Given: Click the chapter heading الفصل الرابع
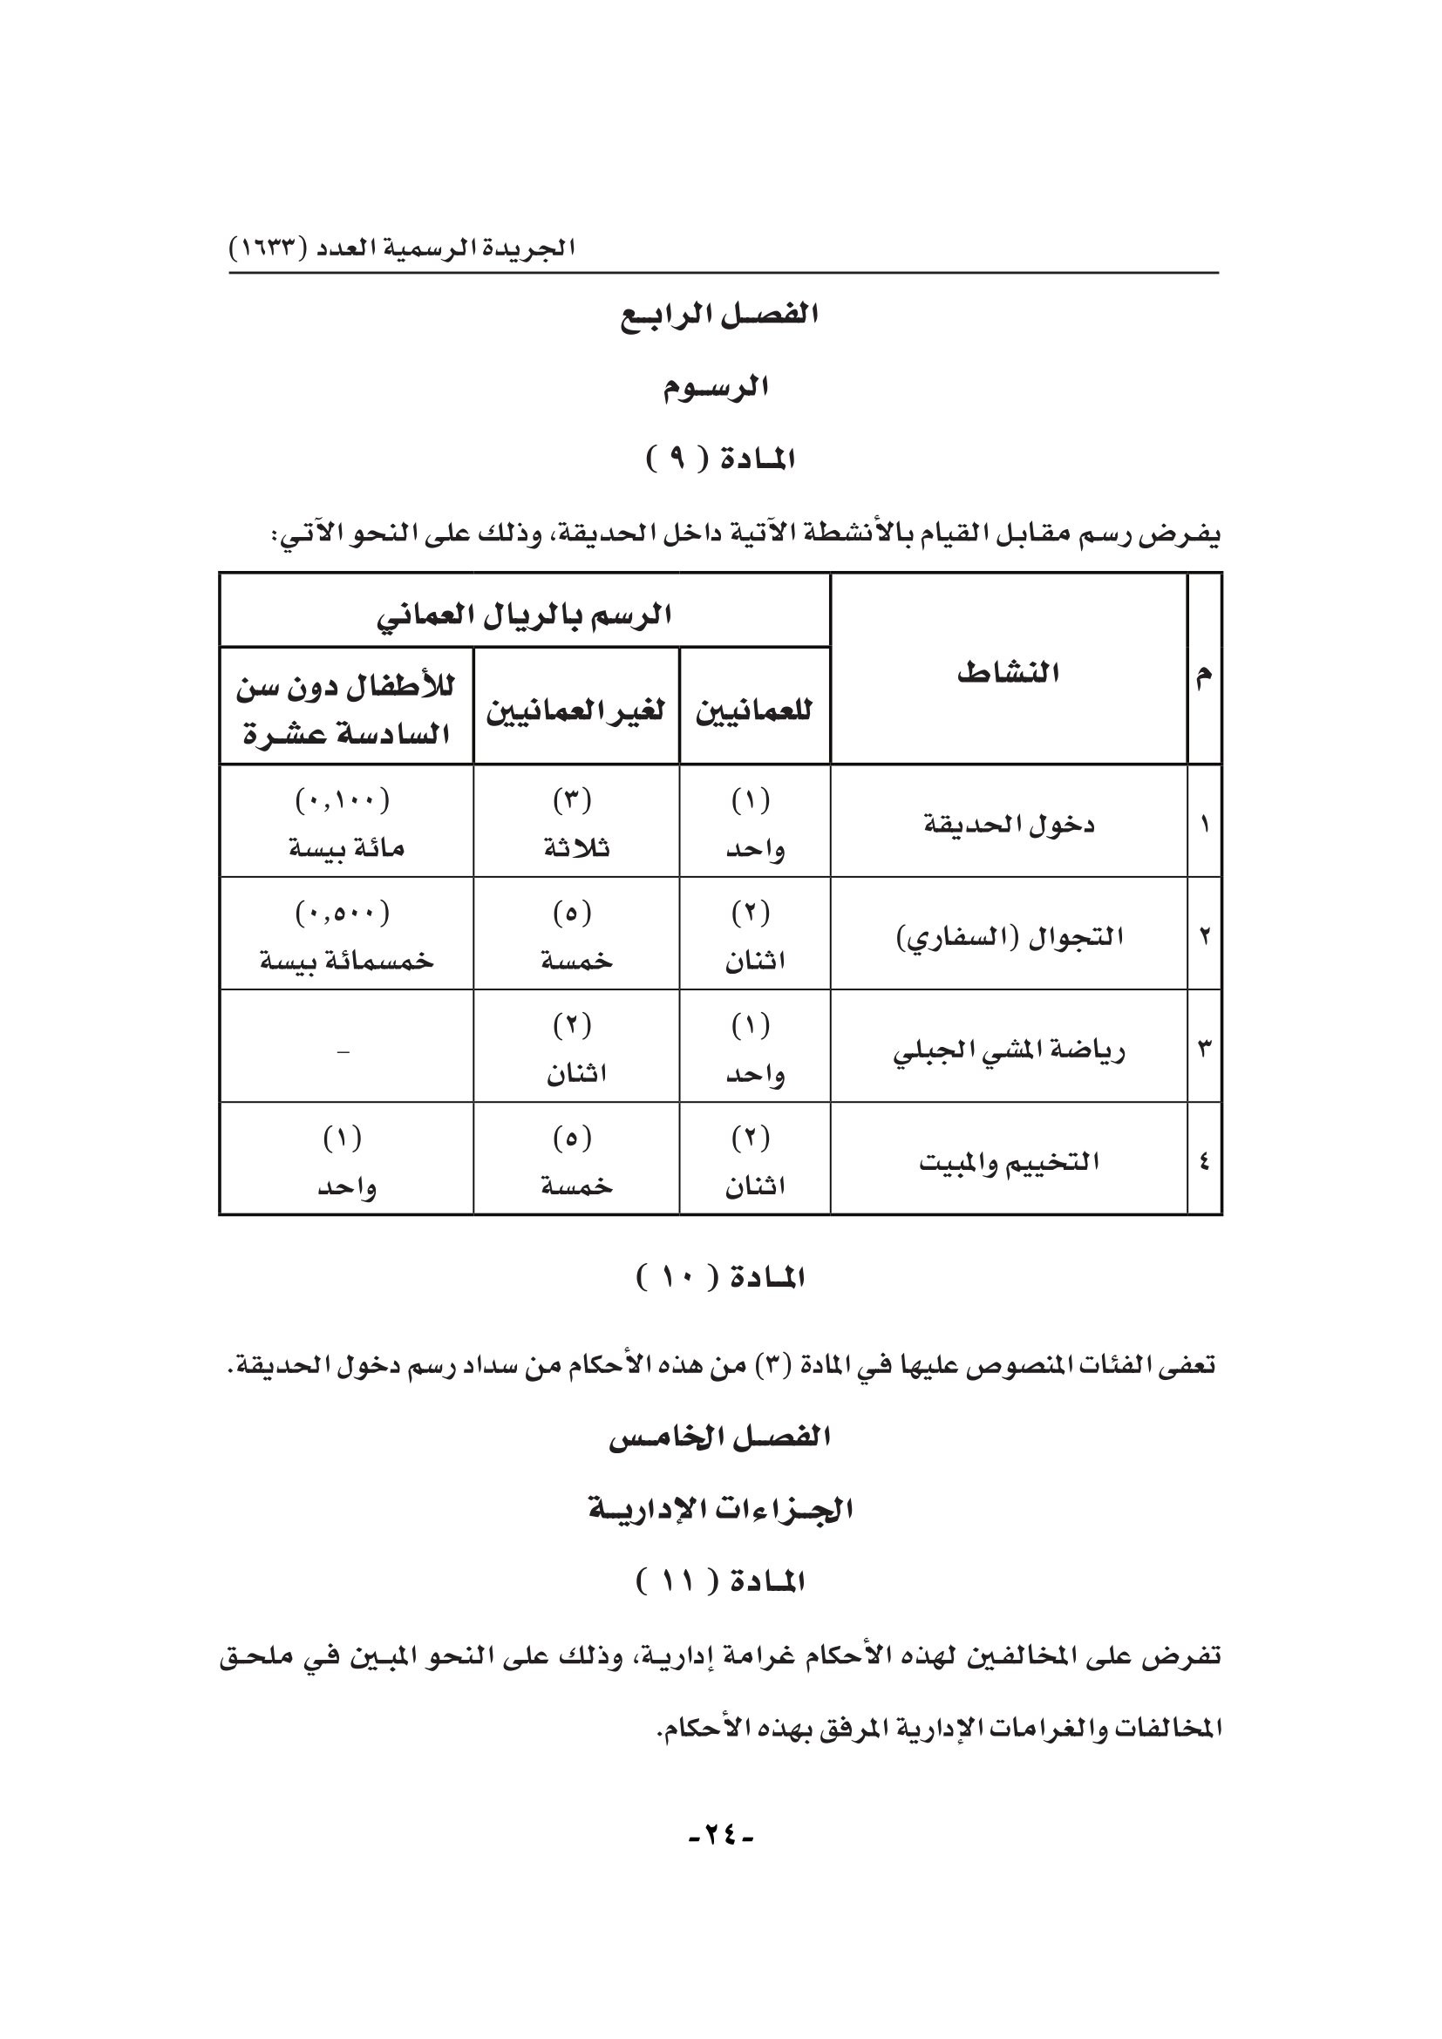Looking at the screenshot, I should [x=719, y=316].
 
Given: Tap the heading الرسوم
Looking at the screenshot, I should [x=716, y=388].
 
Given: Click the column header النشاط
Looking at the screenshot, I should [x=1008, y=672].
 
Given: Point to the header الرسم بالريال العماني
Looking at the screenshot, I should [x=524, y=615].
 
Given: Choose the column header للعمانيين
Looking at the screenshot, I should [x=754, y=710].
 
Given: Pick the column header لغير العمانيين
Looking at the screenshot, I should [x=575, y=710].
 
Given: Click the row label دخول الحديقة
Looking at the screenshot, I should [x=1009, y=824].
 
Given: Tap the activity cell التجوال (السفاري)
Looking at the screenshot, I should [x=1009, y=937].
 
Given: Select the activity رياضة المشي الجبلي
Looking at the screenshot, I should [x=1009, y=1050].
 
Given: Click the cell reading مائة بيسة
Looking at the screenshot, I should [x=346, y=848].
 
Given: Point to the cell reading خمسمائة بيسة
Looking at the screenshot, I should [x=346, y=961].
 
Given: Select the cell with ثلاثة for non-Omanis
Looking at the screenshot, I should [x=576, y=848].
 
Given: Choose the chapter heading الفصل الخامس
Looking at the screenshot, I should [x=719, y=1437].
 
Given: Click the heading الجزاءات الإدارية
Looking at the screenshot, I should [x=719, y=1509].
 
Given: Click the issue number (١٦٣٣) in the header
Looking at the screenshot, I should [x=267, y=248].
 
